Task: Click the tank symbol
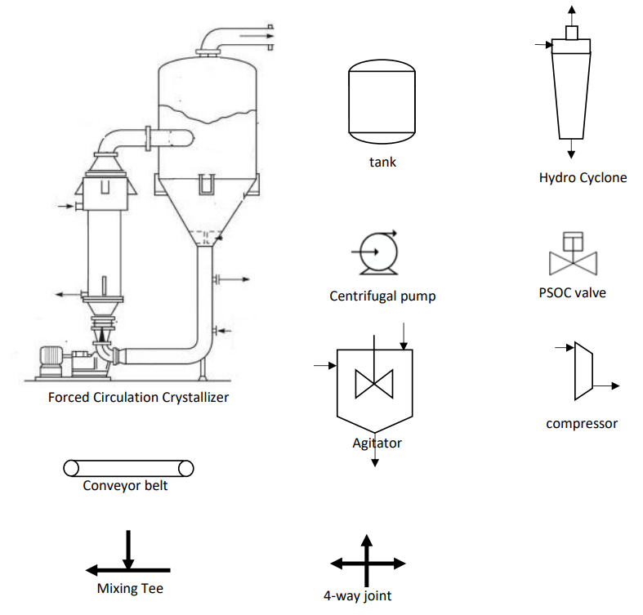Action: [x=382, y=100]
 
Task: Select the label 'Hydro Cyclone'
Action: [x=583, y=177]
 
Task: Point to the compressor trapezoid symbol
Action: [x=583, y=371]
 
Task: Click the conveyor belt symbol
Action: [x=128, y=468]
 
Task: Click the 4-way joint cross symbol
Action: [x=367, y=564]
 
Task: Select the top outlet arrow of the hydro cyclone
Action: [x=571, y=11]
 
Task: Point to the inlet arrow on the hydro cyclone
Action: [x=542, y=45]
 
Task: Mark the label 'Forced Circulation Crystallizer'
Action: [x=138, y=398]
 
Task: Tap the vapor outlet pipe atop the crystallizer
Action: [x=237, y=37]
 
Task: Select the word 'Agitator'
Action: [x=377, y=443]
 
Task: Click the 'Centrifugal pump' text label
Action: [x=382, y=296]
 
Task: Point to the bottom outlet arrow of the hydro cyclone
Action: [x=571, y=150]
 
